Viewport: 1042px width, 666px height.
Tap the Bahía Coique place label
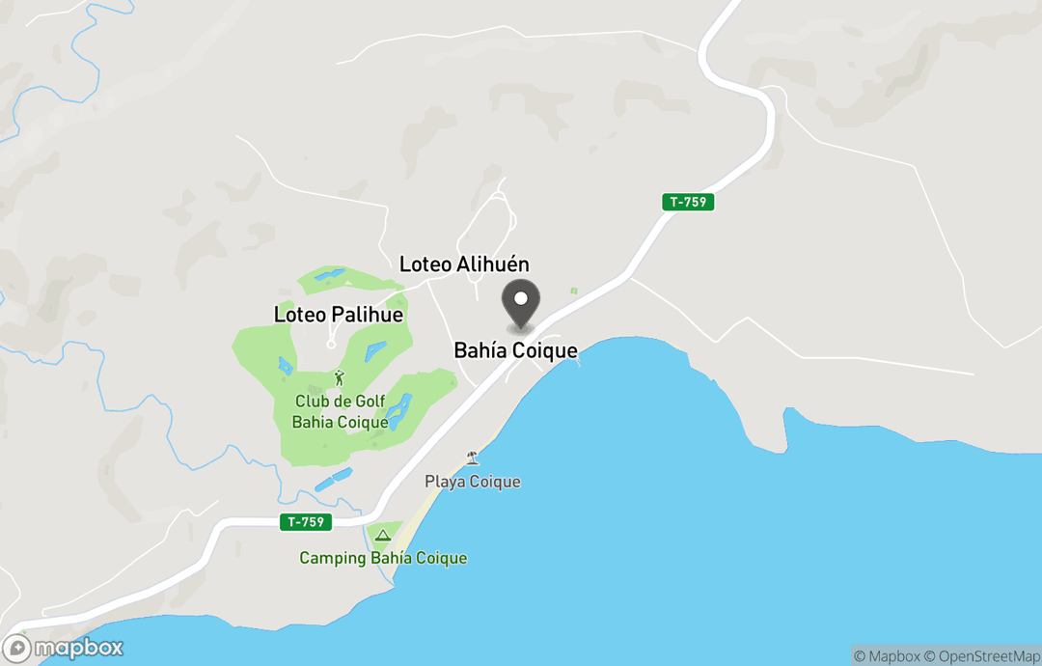(x=515, y=351)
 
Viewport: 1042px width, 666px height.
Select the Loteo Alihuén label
(x=464, y=264)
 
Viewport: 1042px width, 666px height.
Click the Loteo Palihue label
(x=339, y=315)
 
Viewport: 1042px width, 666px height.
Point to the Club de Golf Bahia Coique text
(x=339, y=412)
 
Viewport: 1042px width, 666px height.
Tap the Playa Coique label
(x=472, y=482)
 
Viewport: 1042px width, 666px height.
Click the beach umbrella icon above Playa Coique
(x=472, y=458)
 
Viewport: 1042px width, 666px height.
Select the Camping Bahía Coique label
(x=383, y=558)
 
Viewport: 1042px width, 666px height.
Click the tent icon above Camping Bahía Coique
(x=382, y=535)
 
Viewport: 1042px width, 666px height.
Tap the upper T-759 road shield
(x=688, y=202)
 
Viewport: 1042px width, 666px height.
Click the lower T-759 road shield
(x=307, y=521)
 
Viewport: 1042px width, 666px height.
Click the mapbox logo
(x=64, y=648)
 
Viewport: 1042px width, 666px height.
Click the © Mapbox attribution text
(x=886, y=656)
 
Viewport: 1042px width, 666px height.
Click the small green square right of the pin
(x=573, y=291)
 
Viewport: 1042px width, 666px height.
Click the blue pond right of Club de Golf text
(x=398, y=411)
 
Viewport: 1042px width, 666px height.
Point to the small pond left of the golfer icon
(x=284, y=366)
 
